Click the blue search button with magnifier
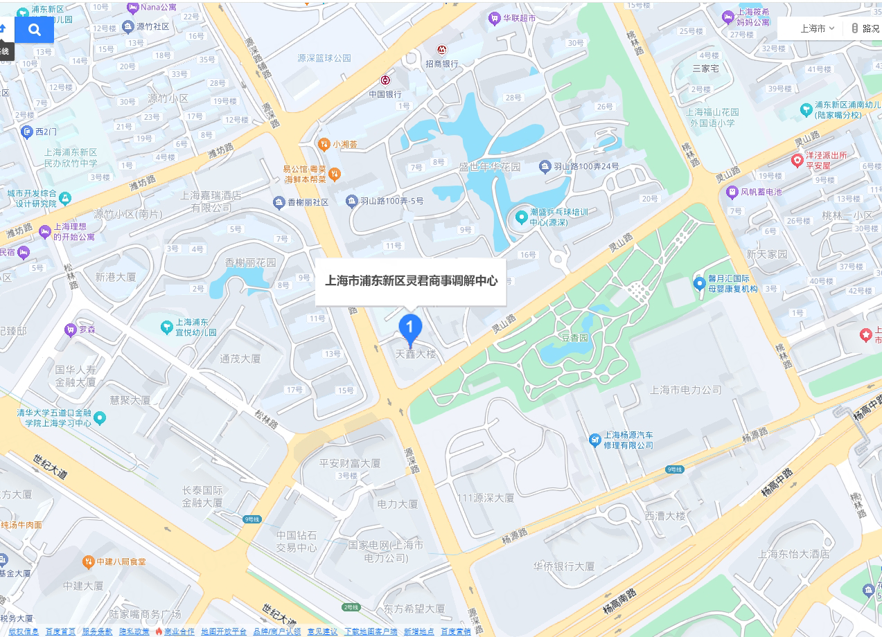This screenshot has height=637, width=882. pos(34,30)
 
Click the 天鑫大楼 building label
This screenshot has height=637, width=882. pos(416,354)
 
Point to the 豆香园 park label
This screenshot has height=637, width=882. pos(574,338)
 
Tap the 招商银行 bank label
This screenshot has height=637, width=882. pos(442,64)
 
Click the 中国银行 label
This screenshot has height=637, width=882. pos(385,94)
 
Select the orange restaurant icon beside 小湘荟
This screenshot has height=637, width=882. pos(323,144)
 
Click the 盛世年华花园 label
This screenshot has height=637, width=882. pos(490,167)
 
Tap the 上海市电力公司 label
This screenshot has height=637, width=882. pos(686,390)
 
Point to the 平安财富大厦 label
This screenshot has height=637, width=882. pos(350,463)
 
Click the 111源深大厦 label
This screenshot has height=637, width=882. pos(486,498)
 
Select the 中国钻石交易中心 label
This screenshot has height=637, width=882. pos(297,541)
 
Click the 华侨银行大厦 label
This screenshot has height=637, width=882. pos(564,566)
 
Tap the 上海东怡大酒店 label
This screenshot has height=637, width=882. pos(794,554)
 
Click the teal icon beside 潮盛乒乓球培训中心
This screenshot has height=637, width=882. pos(521,217)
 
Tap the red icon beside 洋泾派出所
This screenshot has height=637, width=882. pos(797,161)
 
